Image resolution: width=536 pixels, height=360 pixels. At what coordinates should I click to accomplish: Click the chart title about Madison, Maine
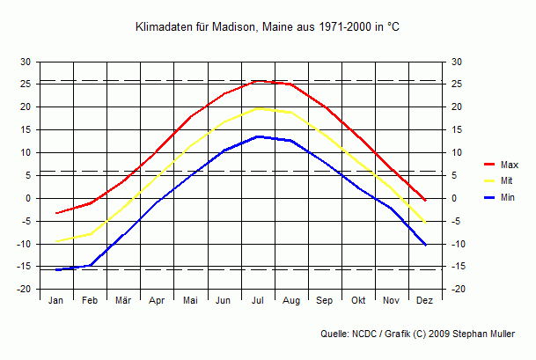268,27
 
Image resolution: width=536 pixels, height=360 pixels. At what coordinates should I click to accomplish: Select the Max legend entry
509,165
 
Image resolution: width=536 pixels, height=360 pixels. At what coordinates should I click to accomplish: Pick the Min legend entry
508,198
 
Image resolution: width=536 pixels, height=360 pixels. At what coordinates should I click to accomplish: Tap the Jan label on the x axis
56,301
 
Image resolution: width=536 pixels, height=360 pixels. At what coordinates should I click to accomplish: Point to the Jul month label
258,301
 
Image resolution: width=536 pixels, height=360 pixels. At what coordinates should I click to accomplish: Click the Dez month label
425,301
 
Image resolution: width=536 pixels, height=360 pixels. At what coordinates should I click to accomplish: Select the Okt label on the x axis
358,301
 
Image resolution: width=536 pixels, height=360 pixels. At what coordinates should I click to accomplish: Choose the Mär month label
123,301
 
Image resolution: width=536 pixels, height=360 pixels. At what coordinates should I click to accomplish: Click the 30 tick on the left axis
26,62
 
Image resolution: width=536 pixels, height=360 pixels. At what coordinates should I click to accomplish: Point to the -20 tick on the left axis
24,290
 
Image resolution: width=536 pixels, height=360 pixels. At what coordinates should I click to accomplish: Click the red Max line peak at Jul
258,81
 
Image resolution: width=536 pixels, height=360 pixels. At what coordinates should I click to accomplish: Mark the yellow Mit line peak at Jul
258,108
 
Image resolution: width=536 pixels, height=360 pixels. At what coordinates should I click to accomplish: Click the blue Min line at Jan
56,269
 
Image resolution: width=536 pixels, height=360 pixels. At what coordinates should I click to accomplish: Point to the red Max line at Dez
425,200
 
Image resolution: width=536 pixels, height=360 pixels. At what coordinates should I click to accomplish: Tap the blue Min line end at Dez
425,245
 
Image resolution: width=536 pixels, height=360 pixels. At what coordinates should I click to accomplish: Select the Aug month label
291,301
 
